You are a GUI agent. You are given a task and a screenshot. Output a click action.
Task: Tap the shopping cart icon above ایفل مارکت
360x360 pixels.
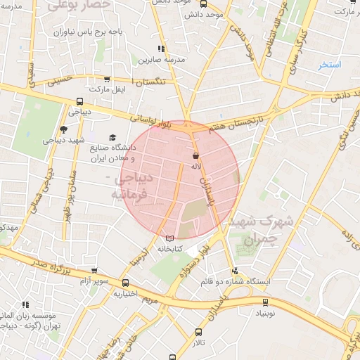click(105, 79)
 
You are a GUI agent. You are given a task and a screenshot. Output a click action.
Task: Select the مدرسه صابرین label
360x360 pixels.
click(161, 60)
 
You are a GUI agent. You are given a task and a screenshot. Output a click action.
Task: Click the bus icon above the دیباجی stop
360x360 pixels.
click(78, 101)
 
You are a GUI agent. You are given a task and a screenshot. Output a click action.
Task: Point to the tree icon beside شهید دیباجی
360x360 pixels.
click(64, 129)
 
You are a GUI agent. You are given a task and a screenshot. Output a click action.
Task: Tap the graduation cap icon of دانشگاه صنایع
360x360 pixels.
click(112, 138)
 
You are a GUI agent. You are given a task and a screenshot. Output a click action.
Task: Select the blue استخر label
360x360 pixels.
click(329, 65)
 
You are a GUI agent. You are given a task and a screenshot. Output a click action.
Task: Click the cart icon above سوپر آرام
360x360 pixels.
click(93, 271)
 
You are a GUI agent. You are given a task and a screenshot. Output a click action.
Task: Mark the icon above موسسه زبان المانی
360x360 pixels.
click(26, 304)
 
